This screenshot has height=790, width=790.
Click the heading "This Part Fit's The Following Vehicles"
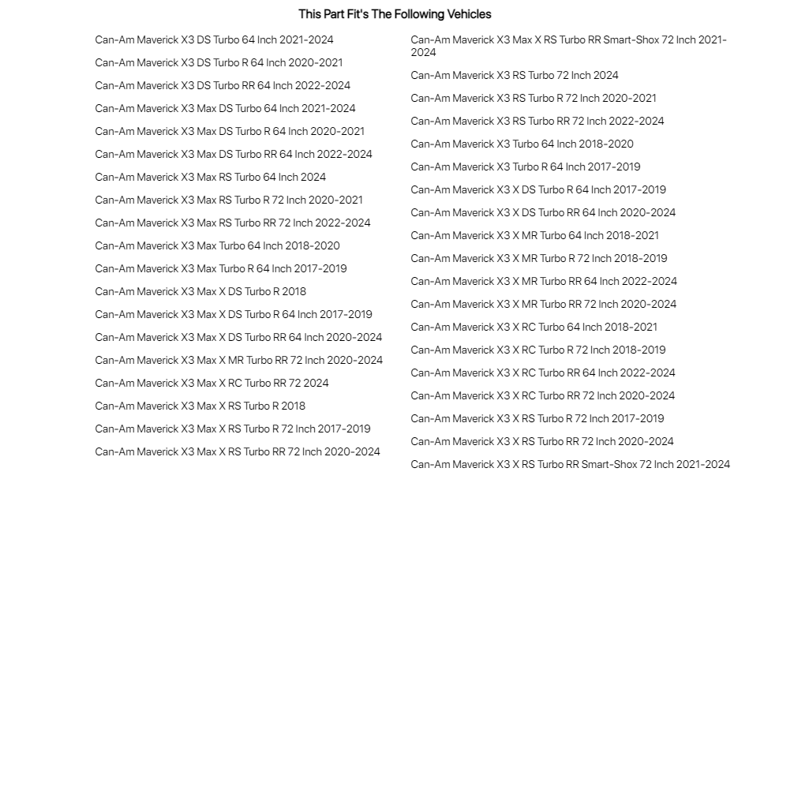(x=395, y=14)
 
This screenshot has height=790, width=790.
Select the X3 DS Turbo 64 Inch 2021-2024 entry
(x=214, y=39)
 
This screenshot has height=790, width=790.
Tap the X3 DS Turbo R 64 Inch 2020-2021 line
(x=219, y=62)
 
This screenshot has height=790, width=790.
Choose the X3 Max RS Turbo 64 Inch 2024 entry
(x=210, y=177)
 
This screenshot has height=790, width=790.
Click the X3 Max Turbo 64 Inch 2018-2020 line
(x=217, y=245)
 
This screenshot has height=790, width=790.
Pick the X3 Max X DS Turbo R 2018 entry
(x=200, y=291)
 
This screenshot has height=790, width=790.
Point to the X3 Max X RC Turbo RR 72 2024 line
(x=212, y=383)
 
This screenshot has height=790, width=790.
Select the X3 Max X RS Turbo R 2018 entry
(x=200, y=406)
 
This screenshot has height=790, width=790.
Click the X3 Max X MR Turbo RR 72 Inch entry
(x=238, y=360)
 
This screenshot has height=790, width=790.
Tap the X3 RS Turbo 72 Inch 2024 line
(x=515, y=75)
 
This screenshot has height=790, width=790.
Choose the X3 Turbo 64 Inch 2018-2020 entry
(x=522, y=144)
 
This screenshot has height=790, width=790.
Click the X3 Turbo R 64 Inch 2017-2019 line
(x=526, y=167)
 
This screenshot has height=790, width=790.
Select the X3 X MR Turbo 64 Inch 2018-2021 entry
(x=534, y=235)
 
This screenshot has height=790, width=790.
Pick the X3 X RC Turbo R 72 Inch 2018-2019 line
(x=537, y=350)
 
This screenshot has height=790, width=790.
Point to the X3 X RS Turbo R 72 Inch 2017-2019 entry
(x=537, y=418)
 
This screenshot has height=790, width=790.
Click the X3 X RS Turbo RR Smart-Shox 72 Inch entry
(x=570, y=464)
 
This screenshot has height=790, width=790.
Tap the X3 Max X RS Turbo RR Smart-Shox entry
(x=568, y=46)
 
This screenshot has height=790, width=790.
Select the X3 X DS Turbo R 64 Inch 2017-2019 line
(x=538, y=189)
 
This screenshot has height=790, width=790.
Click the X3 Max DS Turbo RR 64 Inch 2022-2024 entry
(x=234, y=154)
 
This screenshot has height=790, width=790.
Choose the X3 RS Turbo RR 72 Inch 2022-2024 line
(x=537, y=121)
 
